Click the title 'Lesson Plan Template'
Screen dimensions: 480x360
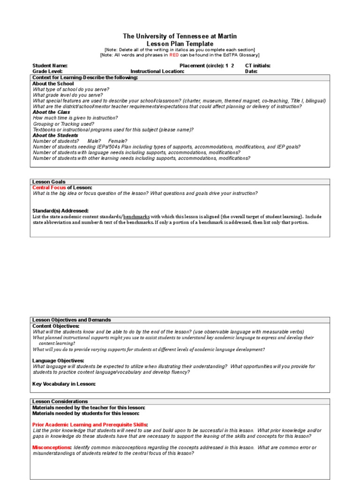(x=180, y=44)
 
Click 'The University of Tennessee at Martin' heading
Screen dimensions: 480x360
(x=180, y=36)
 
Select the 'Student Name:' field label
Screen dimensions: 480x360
(x=50, y=66)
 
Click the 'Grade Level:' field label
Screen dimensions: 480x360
(x=47, y=72)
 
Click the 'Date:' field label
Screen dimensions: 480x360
(x=251, y=72)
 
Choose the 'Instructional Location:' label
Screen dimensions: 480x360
(x=157, y=72)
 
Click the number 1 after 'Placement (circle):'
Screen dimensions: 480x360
(x=227, y=66)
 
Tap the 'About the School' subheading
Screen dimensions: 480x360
(x=53, y=83)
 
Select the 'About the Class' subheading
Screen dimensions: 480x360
(x=51, y=112)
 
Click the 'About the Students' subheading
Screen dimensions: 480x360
(x=55, y=135)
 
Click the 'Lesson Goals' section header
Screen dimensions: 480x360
(x=49, y=182)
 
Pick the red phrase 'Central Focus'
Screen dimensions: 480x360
(x=49, y=187)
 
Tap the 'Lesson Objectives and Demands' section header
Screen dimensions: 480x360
(x=71, y=320)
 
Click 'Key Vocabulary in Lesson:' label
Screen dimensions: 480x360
(x=64, y=384)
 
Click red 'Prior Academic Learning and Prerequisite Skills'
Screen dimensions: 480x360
(x=90, y=425)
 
